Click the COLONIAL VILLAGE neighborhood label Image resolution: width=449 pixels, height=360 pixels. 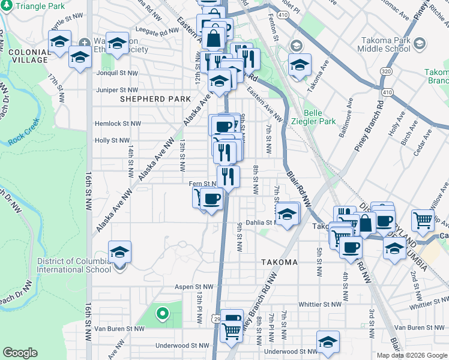click(28, 56)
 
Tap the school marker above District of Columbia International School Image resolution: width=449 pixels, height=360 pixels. click(119, 253)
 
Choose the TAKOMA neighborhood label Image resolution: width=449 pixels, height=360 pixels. click(280, 263)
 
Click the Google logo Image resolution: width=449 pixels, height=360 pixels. click(20, 353)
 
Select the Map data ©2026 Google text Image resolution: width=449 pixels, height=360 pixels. click(411, 355)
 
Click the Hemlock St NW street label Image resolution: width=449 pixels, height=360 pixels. click(118, 124)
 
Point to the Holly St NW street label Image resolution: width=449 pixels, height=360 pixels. click(112, 140)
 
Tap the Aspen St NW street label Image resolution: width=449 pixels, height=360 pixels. click(193, 287)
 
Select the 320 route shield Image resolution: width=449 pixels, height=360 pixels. click(382, 71)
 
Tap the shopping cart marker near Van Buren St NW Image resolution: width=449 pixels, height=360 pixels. click(232, 331)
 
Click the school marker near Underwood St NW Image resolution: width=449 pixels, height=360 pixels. click(328, 343)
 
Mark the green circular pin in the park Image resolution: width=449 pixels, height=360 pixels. click(161, 313)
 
